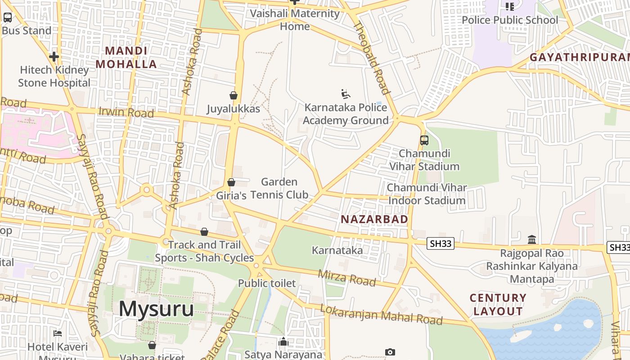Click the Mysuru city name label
(156, 309)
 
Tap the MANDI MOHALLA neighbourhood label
(126, 58)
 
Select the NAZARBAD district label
(374, 219)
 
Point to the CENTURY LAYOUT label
(498, 305)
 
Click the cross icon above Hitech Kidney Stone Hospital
(54, 57)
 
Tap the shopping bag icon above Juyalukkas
(234, 95)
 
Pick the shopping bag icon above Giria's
(231, 182)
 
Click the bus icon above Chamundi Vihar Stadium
(424, 140)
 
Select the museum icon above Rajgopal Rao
(532, 239)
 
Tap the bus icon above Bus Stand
(8, 18)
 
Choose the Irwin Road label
(126, 112)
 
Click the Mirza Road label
(346, 278)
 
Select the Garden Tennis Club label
(279, 188)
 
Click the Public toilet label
(267, 283)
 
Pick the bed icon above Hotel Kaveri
(58, 333)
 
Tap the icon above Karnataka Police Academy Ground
(346, 94)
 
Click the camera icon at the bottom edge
(390, 352)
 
